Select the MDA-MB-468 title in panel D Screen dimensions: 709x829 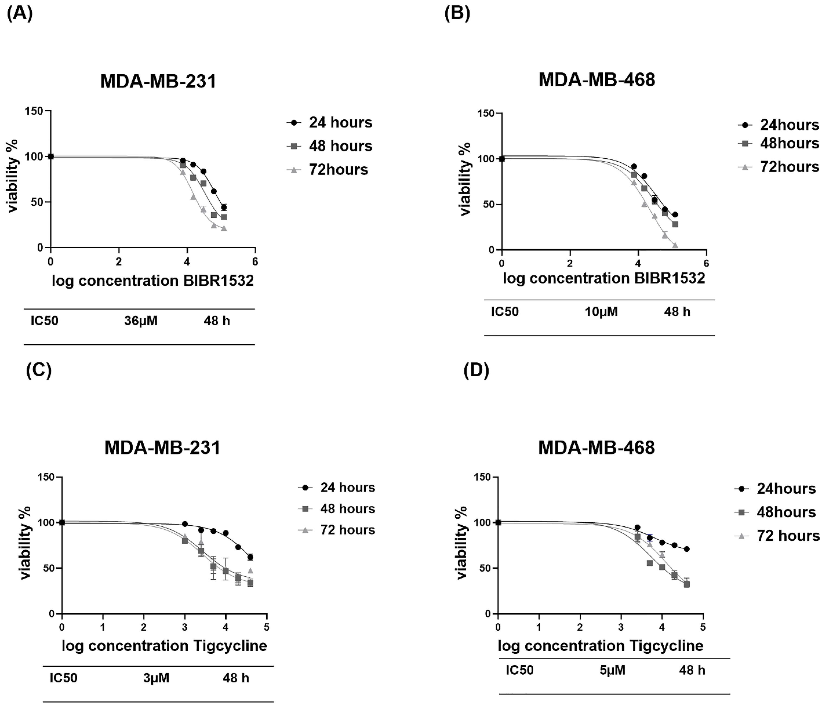[x=596, y=447]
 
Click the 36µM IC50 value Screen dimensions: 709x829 [x=141, y=321]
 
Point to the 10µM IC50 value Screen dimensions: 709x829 [x=601, y=311]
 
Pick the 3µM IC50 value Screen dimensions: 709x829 [x=157, y=678]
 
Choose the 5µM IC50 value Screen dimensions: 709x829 [x=613, y=670]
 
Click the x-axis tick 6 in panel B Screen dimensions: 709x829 [x=706, y=263]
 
